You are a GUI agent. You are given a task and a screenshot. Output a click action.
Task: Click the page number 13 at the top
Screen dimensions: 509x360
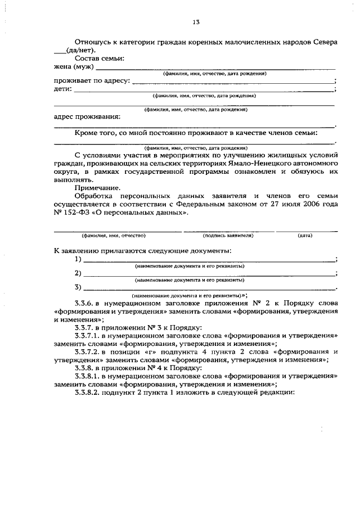click(x=196, y=22)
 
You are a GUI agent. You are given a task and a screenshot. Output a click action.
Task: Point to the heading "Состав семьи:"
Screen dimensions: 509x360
click(x=100, y=59)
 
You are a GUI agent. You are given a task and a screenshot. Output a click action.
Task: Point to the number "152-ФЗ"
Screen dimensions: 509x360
click(x=82, y=213)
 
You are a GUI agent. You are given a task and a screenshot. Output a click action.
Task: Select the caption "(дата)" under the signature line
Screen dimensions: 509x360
click(x=305, y=236)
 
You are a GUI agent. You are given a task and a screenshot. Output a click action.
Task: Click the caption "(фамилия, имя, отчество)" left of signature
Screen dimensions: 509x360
click(x=114, y=236)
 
